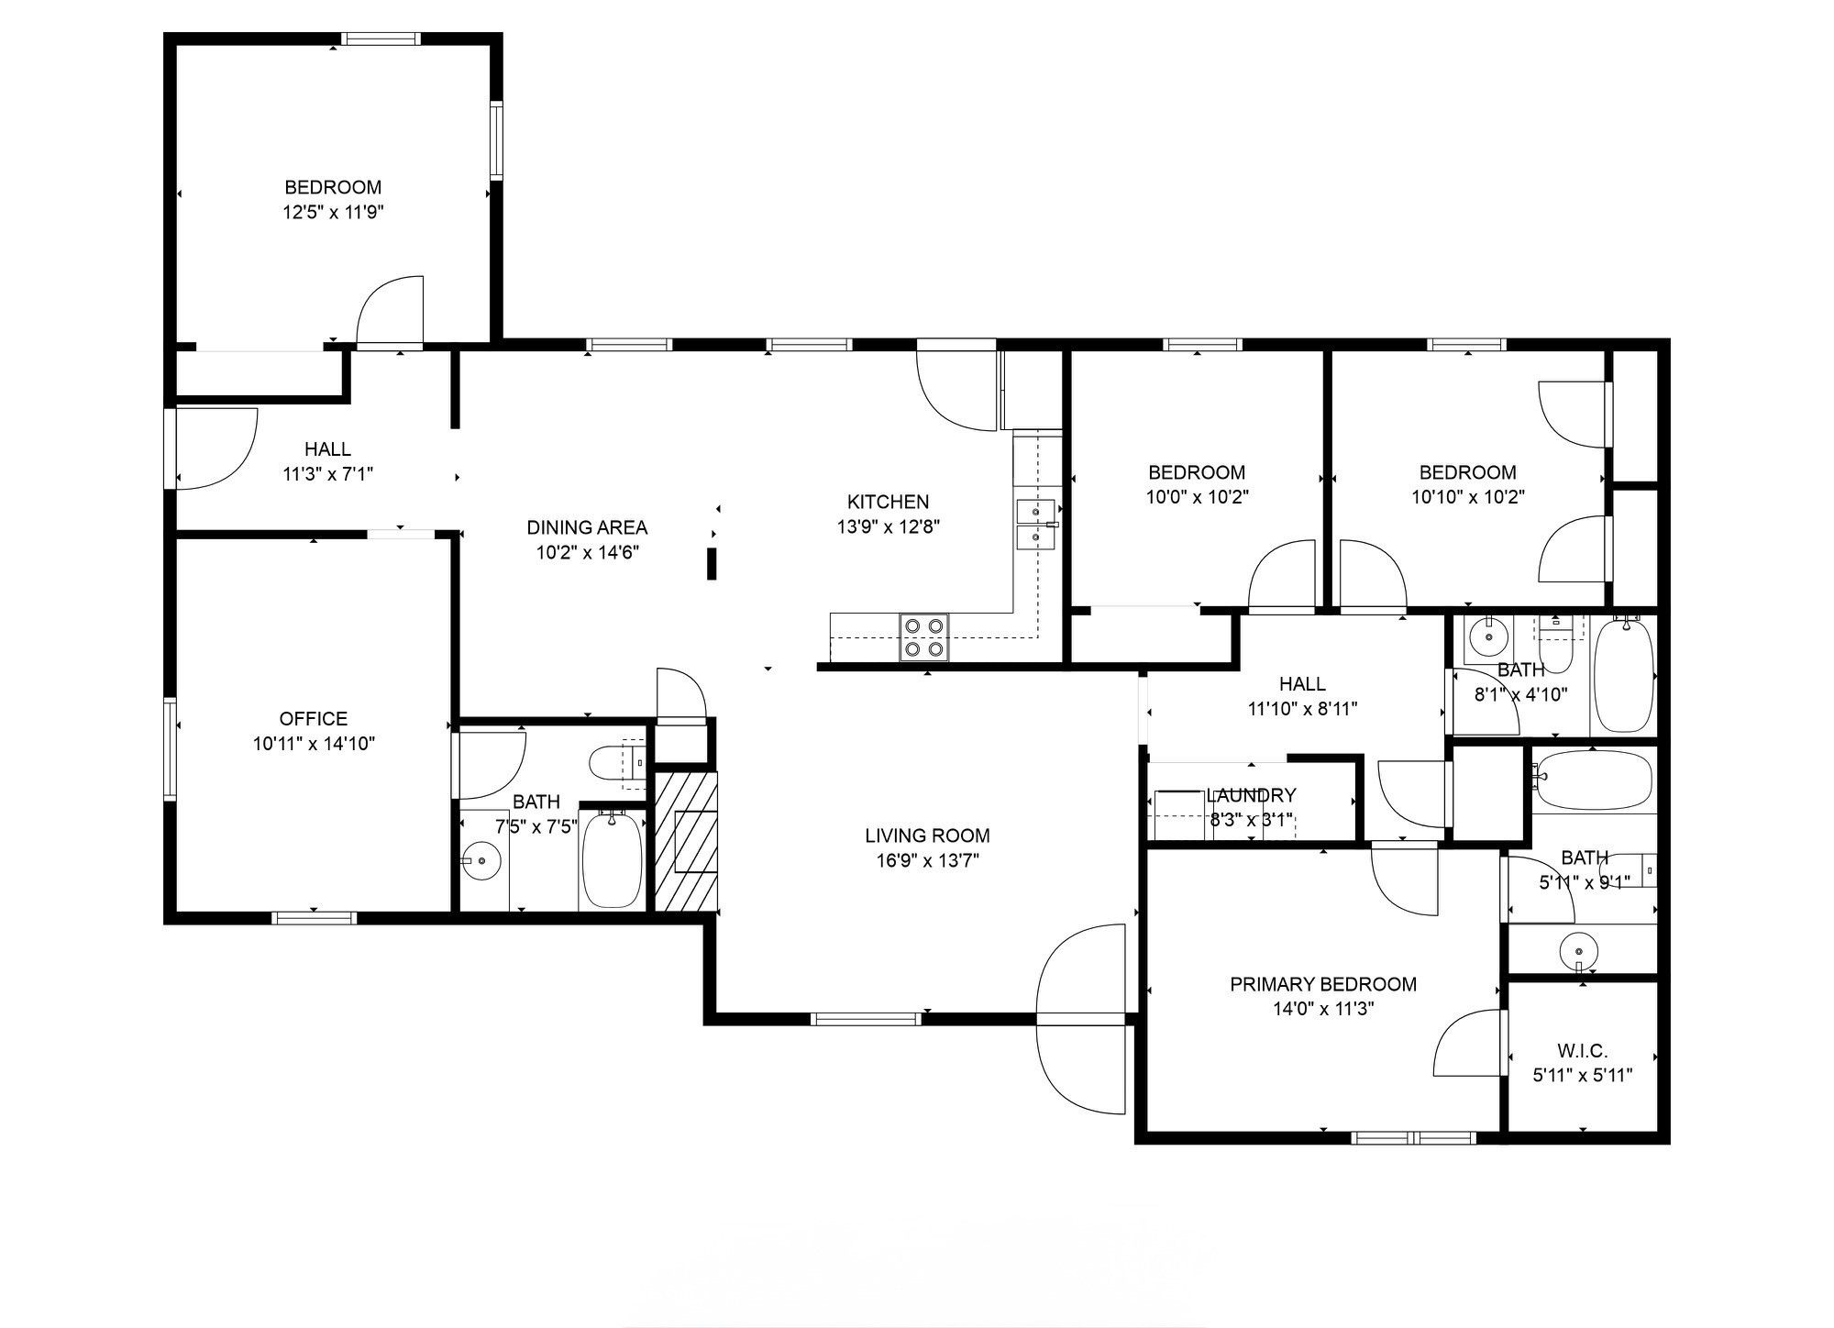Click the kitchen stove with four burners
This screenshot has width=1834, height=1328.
pos(923,636)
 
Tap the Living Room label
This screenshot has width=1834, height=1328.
pos(927,836)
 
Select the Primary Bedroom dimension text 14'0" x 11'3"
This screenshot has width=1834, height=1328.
pos(1323,1010)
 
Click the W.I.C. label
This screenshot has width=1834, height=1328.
pos(1582,1051)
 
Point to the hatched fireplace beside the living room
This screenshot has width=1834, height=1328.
pos(686,842)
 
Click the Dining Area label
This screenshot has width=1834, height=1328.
pos(587,527)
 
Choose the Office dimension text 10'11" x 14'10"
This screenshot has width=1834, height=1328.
pos(314,744)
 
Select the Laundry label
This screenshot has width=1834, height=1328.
pos(1251,795)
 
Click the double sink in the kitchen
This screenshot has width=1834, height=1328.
pos(1036,524)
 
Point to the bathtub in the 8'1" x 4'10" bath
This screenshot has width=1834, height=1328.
pos(1624,675)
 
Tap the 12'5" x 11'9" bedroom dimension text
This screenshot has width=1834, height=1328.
pos(333,213)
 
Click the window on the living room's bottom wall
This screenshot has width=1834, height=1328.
pos(866,1018)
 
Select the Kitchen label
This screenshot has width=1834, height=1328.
pos(888,502)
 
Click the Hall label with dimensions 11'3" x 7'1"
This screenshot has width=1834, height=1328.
pos(327,449)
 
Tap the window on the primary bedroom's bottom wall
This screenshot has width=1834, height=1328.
pos(1413,1138)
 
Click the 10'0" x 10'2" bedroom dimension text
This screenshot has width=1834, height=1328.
pos(1197,497)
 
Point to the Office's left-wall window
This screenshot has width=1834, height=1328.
pos(170,747)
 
